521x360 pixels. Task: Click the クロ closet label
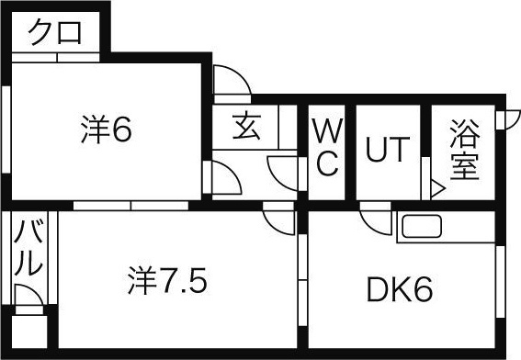coord(55,32)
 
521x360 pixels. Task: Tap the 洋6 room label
coord(107,129)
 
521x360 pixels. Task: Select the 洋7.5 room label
coord(168,280)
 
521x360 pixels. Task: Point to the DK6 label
coord(400,289)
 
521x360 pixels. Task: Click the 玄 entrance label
coord(246,127)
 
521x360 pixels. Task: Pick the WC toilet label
coord(327,148)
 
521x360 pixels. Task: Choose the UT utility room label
coord(388,149)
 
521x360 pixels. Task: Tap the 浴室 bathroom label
coord(465,150)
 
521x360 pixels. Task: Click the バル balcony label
coord(28,248)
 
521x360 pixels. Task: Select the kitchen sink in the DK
coord(422,227)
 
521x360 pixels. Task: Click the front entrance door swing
coord(232,81)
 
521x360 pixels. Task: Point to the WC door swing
coord(282,173)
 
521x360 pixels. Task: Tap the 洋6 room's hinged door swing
coord(226,177)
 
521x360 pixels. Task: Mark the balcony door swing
coord(28,295)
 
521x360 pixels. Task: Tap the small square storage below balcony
coord(29,332)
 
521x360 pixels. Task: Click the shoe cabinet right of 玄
coord(288,127)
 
